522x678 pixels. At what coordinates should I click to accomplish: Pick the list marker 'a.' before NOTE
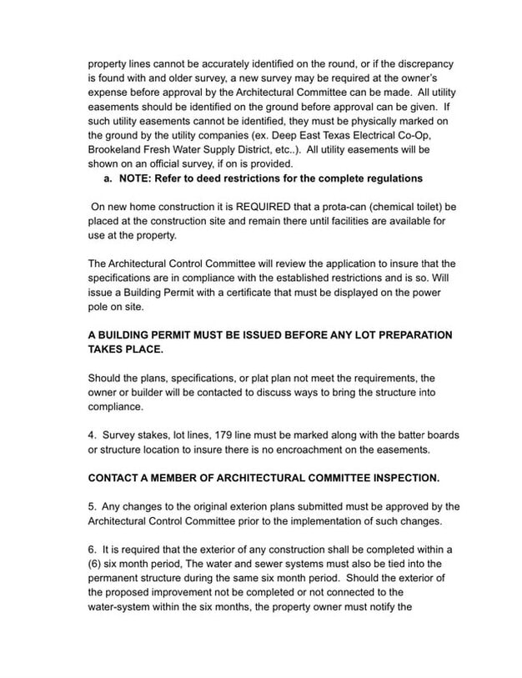pos(108,178)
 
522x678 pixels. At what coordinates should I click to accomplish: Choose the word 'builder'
pos(142,392)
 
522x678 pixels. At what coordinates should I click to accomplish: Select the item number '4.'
pos(93,435)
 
